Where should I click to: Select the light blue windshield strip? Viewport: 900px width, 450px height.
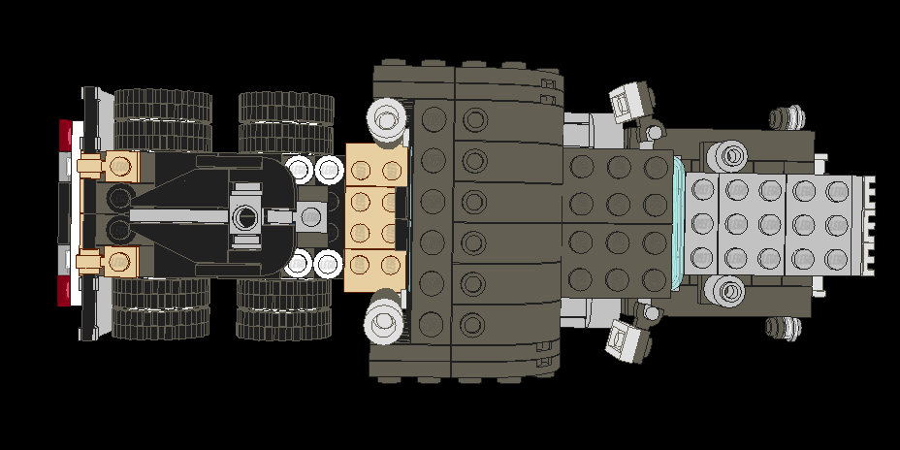[680, 221]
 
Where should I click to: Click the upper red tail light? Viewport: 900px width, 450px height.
[66, 135]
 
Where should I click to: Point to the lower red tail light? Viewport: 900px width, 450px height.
[66, 290]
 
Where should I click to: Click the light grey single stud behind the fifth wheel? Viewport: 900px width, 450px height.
[312, 216]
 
